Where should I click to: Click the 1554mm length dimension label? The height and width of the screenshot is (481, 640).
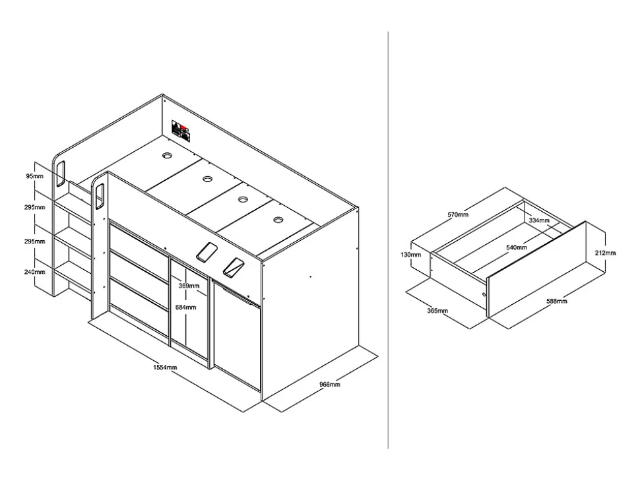click(165, 368)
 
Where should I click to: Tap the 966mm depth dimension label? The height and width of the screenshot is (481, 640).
click(329, 384)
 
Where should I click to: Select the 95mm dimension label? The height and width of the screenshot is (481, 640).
click(34, 176)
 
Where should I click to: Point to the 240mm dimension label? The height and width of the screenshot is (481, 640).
click(34, 272)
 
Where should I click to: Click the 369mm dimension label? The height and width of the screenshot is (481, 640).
click(189, 286)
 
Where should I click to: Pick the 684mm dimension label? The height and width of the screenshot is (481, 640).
click(185, 307)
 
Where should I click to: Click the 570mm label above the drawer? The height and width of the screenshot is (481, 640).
click(458, 214)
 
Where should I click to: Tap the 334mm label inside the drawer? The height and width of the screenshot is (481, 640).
click(539, 220)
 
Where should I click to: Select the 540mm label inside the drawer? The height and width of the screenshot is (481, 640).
click(517, 247)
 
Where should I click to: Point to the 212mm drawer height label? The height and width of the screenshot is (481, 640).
click(605, 253)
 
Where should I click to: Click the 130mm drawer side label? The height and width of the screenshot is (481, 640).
click(410, 255)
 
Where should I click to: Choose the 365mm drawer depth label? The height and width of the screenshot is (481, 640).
click(437, 311)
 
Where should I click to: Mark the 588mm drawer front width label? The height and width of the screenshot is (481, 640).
click(557, 302)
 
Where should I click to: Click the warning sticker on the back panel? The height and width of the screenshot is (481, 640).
click(181, 131)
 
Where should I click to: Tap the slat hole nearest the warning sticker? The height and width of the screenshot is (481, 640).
click(168, 155)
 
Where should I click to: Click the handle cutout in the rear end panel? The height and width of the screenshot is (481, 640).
click(60, 174)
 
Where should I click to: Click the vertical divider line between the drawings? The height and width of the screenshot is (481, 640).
click(388, 240)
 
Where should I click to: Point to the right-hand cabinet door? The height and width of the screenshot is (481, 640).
click(237, 334)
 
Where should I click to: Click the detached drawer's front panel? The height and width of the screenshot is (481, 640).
click(536, 269)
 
